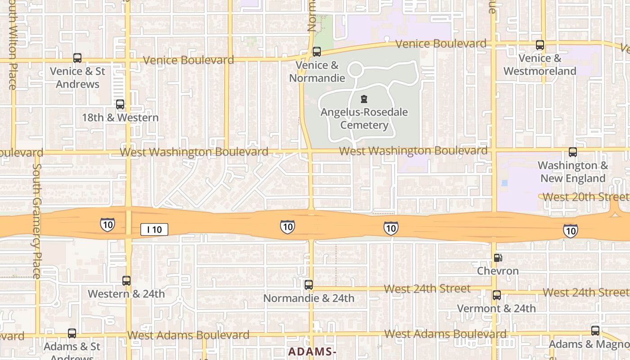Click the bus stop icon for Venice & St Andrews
click(77, 58)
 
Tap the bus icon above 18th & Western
click(120, 104)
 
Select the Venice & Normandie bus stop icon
click(317, 52)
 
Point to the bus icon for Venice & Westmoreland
click(540, 45)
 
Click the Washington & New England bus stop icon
click(573, 152)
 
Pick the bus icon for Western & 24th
click(126, 281)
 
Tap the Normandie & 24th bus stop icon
click(309, 285)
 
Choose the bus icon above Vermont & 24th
click(497, 295)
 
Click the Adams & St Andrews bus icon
click(72, 333)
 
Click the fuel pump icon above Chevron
click(498, 258)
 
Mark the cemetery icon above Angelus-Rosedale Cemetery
click(364, 99)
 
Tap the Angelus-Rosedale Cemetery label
click(364, 118)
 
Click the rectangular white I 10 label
click(154, 229)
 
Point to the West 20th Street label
click(585, 197)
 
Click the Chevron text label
click(498, 271)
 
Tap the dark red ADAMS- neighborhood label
click(312, 351)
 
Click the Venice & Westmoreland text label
click(540, 65)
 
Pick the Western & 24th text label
click(126, 294)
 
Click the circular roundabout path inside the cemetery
click(355, 70)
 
